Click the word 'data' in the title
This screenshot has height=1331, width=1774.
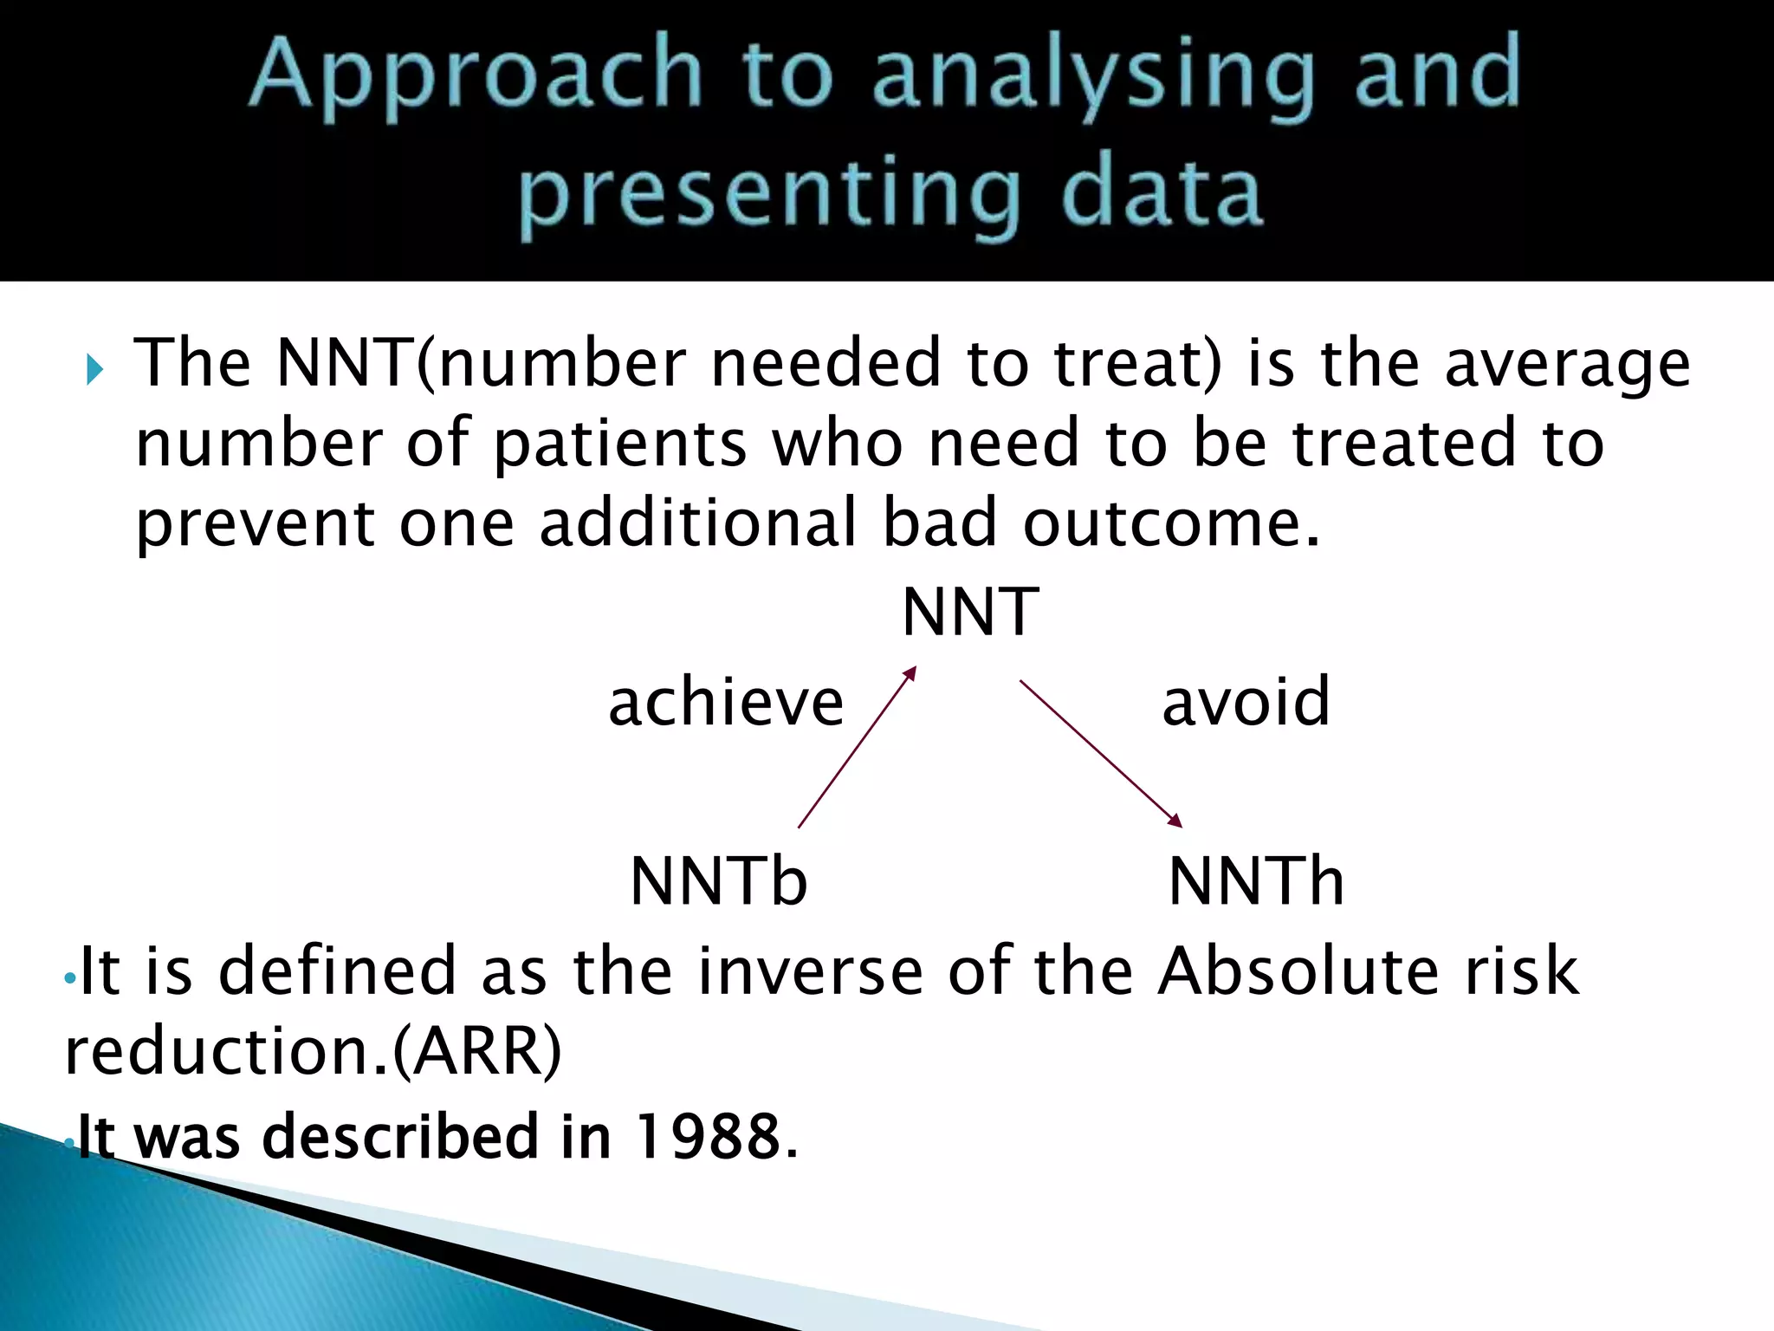coord(1161,192)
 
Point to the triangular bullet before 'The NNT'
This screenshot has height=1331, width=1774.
coord(95,371)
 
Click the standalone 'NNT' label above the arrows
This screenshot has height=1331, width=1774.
coord(970,613)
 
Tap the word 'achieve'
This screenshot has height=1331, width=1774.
coord(726,702)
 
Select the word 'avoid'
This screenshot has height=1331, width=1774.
coord(1246,702)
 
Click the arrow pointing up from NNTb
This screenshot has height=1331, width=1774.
coord(856,747)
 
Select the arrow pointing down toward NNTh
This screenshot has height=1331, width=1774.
coord(1100,753)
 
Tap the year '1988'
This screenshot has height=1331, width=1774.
coord(709,1137)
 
